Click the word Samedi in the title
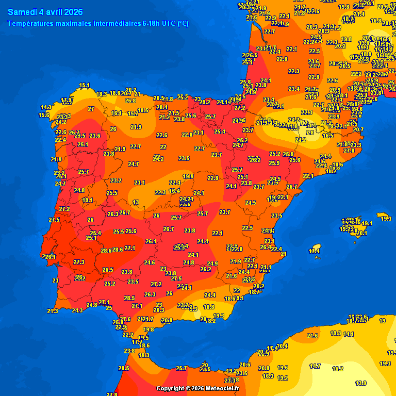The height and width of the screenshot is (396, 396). (x=22, y=12)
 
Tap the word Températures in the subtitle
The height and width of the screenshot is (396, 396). (x=32, y=23)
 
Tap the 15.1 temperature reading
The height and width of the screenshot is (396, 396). (x=84, y=86)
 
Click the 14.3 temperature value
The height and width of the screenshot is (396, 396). (x=46, y=107)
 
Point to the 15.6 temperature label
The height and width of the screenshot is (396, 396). (x=44, y=115)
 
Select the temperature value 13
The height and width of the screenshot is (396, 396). (x=136, y=202)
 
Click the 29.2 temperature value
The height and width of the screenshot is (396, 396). (x=205, y=102)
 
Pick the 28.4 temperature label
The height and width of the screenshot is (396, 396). (x=162, y=108)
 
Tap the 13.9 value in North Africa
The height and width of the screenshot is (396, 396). (x=361, y=383)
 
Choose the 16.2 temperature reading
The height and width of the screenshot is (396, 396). (x=338, y=369)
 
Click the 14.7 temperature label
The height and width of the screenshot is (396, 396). (x=315, y=366)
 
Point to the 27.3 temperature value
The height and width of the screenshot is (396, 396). (x=78, y=262)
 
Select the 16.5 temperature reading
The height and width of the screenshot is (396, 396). (x=328, y=136)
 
